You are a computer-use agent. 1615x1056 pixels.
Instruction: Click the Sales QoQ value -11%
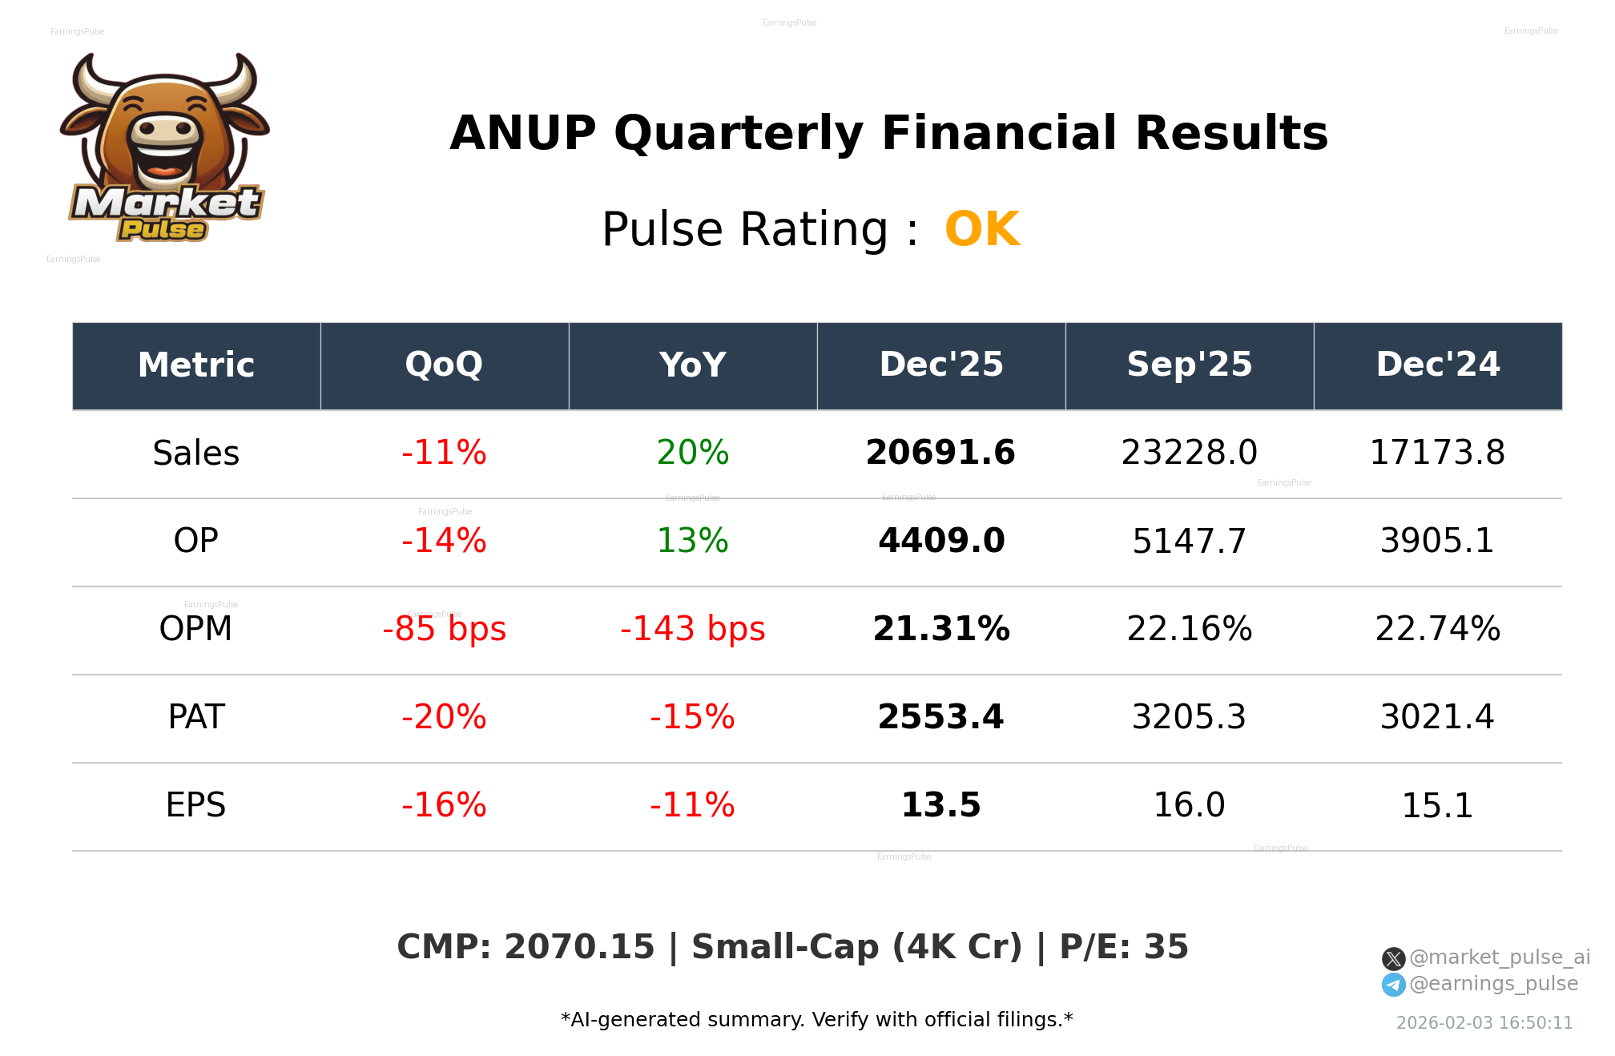(x=444, y=453)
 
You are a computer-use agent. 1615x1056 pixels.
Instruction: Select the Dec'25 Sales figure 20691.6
(x=940, y=453)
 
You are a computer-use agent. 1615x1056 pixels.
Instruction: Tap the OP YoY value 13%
(x=692, y=541)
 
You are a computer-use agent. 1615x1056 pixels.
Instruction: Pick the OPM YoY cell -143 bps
(x=692, y=629)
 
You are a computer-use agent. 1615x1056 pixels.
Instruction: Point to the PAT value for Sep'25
(x=1189, y=717)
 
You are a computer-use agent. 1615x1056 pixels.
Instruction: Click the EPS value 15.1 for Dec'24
(x=1437, y=805)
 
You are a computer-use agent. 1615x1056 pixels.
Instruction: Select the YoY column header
(x=692, y=365)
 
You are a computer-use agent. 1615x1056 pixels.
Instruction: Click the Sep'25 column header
(x=1189, y=365)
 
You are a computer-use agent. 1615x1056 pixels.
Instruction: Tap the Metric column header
(x=196, y=365)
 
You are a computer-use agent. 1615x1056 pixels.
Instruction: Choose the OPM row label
(x=196, y=629)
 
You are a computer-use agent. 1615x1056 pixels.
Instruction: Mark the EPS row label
(x=196, y=805)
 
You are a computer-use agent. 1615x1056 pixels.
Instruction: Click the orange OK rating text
(x=982, y=230)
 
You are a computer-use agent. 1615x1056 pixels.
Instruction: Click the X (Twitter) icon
(x=1393, y=958)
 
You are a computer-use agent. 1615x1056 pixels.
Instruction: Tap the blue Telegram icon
(x=1393, y=985)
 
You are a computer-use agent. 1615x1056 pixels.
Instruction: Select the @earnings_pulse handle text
(x=1493, y=984)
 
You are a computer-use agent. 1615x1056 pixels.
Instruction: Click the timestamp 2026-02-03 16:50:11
(x=1484, y=1023)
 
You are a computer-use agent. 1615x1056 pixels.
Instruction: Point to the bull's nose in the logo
(x=165, y=130)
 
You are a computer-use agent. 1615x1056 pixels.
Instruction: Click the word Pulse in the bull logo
(x=163, y=230)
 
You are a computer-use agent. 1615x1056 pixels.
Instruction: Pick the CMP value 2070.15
(x=579, y=947)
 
